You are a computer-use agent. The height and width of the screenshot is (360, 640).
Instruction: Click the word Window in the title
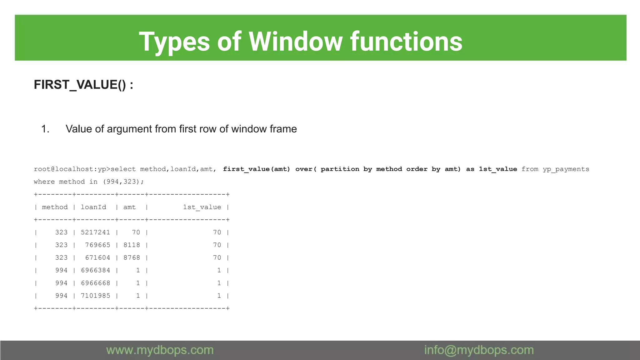(295, 42)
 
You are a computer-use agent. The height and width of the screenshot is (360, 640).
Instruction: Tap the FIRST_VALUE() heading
(83, 85)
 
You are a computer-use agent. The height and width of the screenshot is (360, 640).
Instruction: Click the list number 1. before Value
(45, 129)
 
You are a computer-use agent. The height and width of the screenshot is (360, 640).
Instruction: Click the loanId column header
(93, 207)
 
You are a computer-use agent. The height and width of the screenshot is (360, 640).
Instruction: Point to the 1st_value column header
(202, 207)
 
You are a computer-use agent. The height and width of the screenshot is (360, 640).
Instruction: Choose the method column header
(55, 207)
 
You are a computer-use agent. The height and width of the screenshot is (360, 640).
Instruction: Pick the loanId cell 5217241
(95, 232)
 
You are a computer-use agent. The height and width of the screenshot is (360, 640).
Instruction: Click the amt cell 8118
(132, 245)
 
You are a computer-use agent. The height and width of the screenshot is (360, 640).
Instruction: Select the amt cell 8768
(132, 258)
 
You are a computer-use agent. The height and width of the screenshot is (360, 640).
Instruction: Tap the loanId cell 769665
(97, 245)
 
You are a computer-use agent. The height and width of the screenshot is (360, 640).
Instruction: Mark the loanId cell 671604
(97, 258)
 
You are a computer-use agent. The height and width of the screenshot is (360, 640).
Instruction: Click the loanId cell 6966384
(95, 270)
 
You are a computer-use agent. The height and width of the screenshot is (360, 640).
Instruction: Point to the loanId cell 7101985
(95, 296)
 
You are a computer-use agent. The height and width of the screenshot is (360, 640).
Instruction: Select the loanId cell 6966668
(95, 283)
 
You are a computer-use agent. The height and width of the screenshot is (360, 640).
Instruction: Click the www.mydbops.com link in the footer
(160, 350)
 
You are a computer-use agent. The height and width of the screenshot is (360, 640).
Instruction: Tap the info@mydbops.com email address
(479, 350)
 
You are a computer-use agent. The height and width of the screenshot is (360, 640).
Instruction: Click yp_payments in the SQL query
(566, 169)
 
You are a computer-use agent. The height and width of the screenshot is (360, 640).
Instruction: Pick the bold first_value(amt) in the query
(256, 169)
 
